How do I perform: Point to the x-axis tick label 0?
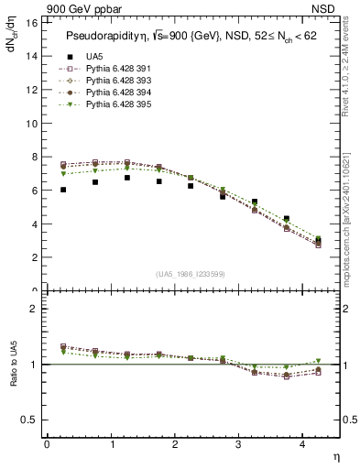[47, 444]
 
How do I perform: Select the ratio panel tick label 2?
[33, 309]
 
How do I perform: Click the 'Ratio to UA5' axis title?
[13, 377]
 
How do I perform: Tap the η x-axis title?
[335, 455]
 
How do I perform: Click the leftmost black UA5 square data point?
[63, 190]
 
